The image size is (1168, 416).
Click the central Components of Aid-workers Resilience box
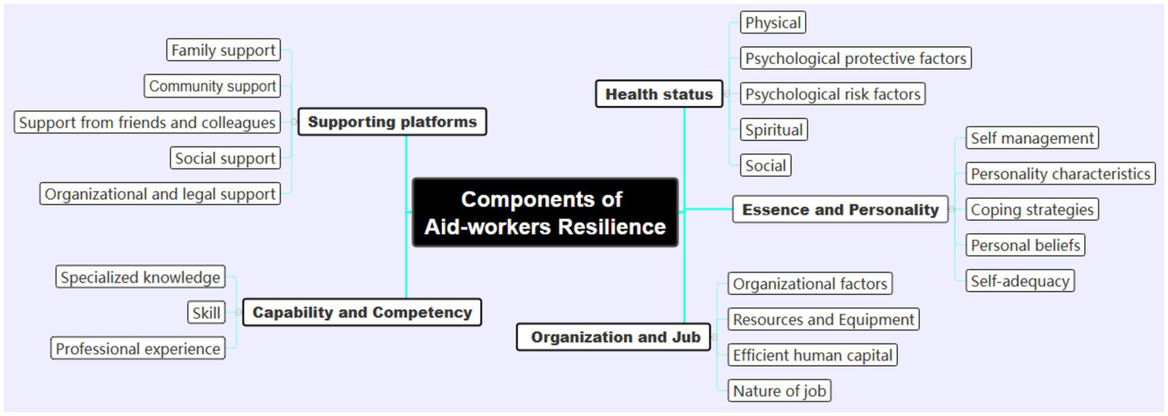(545, 213)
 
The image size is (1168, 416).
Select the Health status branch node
(659, 94)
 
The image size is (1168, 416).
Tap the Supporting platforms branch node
(392, 122)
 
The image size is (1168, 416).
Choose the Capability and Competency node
(362, 312)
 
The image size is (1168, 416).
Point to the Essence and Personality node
(840, 210)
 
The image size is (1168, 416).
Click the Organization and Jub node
(614, 337)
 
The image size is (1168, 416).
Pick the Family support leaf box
(223, 50)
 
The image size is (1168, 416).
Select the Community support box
(212, 86)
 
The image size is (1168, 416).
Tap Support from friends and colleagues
(147, 122)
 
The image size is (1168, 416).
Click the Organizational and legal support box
(160, 194)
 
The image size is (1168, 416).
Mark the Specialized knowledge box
(141, 277)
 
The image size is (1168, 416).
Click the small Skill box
(206, 313)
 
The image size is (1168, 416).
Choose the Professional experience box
(138, 349)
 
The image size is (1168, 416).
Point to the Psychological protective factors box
(855, 59)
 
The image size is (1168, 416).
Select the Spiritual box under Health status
(774, 130)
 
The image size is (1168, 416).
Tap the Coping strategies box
(1032, 210)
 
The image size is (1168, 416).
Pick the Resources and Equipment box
(823, 319)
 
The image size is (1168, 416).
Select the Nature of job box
(779, 392)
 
